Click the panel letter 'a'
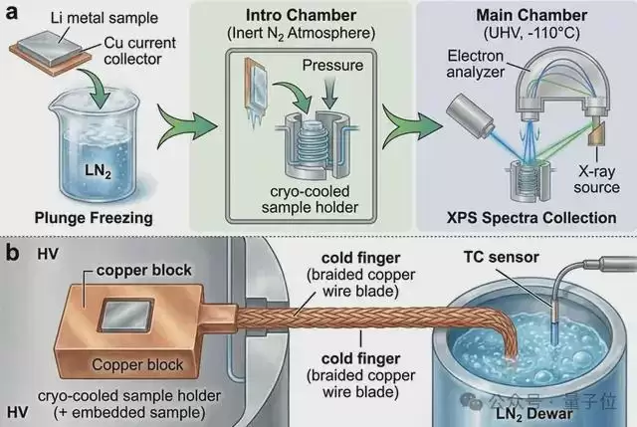coord(9,12)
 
